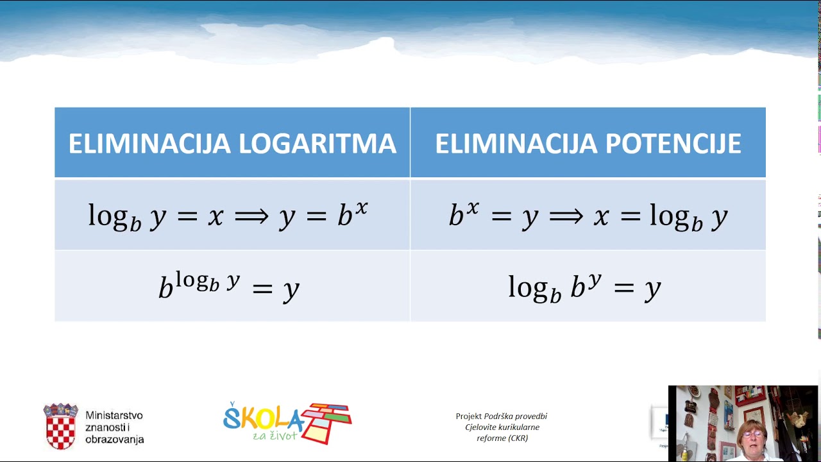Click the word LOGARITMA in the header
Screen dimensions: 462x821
pyautogui.click(x=317, y=144)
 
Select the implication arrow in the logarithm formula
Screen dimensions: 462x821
pyautogui.click(x=251, y=216)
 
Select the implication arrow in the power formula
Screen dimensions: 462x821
pyautogui.click(x=566, y=216)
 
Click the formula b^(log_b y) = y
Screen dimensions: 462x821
pyautogui.click(x=229, y=287)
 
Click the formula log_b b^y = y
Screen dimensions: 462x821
pyautogui.click(x=584, y=287)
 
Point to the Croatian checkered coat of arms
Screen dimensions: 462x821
pyautogui.click(x=61, y=426)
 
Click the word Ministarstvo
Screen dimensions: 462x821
pyautogui.click(x=114, y=416)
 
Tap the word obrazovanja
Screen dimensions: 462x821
pyautogui.click(x=115, y=440)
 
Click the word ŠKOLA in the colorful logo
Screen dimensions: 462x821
pyautogui.click(x=262, y=419)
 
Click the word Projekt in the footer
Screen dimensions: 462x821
pyautogui.click(x=468, y=416)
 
